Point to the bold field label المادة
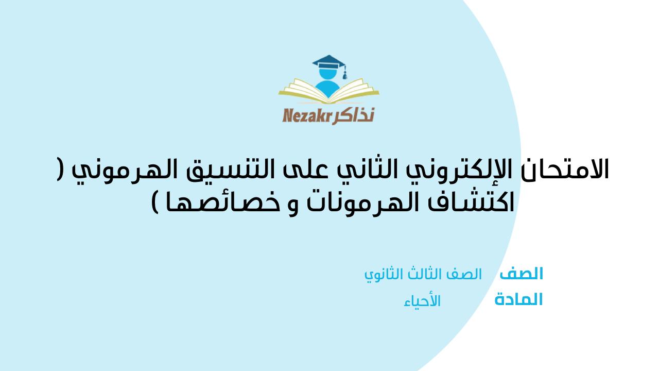click(x=518, y=300)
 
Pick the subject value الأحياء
click(x=422, y=301)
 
